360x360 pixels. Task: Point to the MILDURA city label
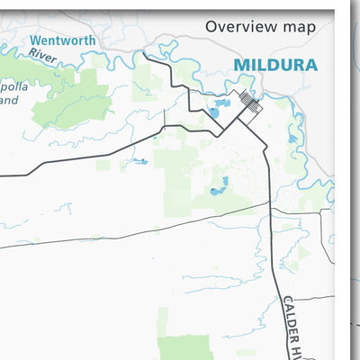click(x=275, y=65)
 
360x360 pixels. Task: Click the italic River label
click(x=41, y=54)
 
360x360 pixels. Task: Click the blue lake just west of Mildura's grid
click(x=214, y=112)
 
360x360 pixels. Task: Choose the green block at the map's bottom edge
click(x=185, y=347)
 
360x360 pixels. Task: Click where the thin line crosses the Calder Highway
click(x=269, y=203)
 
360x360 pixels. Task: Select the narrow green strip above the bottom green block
click(x=163, y=319)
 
